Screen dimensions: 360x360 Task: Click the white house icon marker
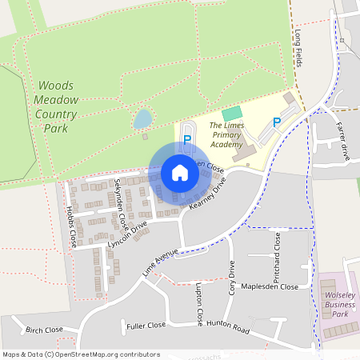(x=180, y=172)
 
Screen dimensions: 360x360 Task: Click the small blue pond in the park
(x=142, y=119)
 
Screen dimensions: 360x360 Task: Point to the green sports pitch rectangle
(x=231, y=114)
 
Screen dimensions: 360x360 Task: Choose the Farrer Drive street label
(x=343, y=141)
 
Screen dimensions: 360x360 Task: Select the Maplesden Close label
(x=270, y=286)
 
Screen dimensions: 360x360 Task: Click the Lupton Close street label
(x=199, y=300)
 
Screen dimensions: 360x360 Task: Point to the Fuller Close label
(x=146, y=326)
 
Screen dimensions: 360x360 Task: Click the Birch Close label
(x=43, y=330)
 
